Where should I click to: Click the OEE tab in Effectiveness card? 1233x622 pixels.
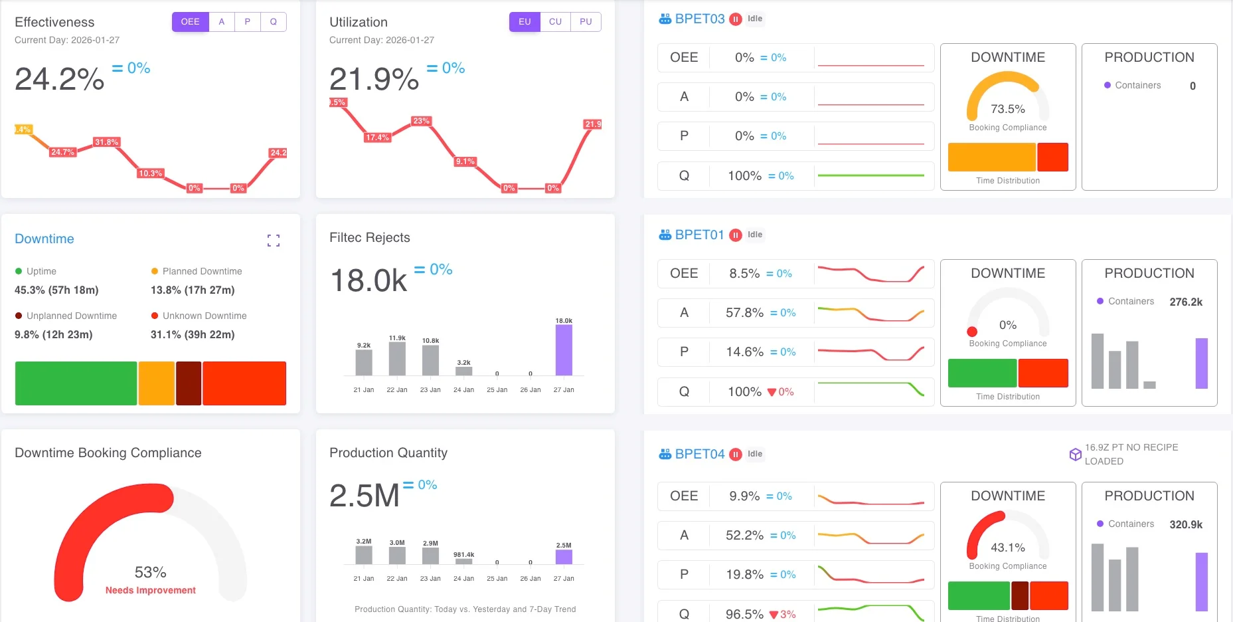[190, 22]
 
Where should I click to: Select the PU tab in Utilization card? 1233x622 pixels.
[586, 22]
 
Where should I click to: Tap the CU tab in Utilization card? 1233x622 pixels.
[555, 22]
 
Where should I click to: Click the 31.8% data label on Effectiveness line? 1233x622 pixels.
[106, 142]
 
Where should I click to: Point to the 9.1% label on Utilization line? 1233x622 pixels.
[465, 161]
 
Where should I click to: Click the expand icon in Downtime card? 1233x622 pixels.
[274, 241]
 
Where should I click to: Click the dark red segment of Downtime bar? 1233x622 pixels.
[189, 383]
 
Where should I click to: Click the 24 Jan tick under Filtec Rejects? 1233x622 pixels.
[463, 390]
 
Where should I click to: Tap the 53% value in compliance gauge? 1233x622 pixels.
[151, 572]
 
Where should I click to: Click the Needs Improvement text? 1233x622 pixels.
[151, 590]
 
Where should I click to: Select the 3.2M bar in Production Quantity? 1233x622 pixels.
[364, 555]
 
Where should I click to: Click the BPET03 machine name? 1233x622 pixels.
[700, 19]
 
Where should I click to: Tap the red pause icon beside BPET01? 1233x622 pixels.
[736, 235]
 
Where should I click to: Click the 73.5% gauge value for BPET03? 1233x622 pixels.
[1007, 109]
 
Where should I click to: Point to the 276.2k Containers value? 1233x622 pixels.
[1186, 302]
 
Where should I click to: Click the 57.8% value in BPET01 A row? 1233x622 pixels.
[744, 312]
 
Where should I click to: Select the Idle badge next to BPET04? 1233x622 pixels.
[755, 454]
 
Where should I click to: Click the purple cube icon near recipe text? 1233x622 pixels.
[1075, 455]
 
